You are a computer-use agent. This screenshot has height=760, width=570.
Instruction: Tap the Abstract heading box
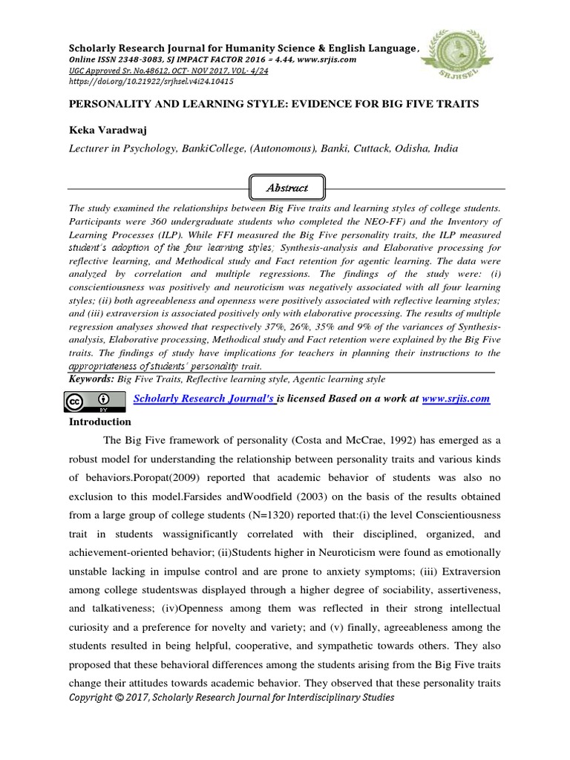[286, 188]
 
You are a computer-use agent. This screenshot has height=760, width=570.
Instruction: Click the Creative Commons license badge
[84, 402]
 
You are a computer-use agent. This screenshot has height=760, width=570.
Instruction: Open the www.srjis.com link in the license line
[455, 399]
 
